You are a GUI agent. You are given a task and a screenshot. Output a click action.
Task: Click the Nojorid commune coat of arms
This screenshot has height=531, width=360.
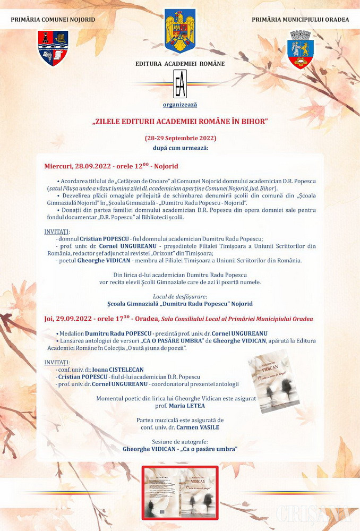(53, 48)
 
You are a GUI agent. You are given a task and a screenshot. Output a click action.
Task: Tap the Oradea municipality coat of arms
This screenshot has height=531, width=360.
(300, 49)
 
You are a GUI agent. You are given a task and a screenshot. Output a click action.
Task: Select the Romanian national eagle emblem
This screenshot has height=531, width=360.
(180, 31)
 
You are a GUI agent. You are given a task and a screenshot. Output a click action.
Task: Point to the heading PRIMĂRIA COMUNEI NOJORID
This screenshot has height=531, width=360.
(53, 20)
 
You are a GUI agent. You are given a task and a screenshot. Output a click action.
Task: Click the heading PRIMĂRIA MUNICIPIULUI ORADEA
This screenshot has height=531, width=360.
(301, 20)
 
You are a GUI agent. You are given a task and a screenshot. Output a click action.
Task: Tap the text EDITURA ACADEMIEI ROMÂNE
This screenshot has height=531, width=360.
(180, 64)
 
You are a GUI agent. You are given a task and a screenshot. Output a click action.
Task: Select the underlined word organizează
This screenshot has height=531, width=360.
(180, 105)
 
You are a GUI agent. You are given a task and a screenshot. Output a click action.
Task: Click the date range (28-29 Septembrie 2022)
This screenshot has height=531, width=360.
(180, 138)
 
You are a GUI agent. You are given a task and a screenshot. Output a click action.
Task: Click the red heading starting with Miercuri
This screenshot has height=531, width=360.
(112, 166)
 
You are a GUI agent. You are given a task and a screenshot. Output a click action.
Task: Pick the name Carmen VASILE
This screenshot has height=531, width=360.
(193, 427)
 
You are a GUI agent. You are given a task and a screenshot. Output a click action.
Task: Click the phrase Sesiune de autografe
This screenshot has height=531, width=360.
(180, 441)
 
